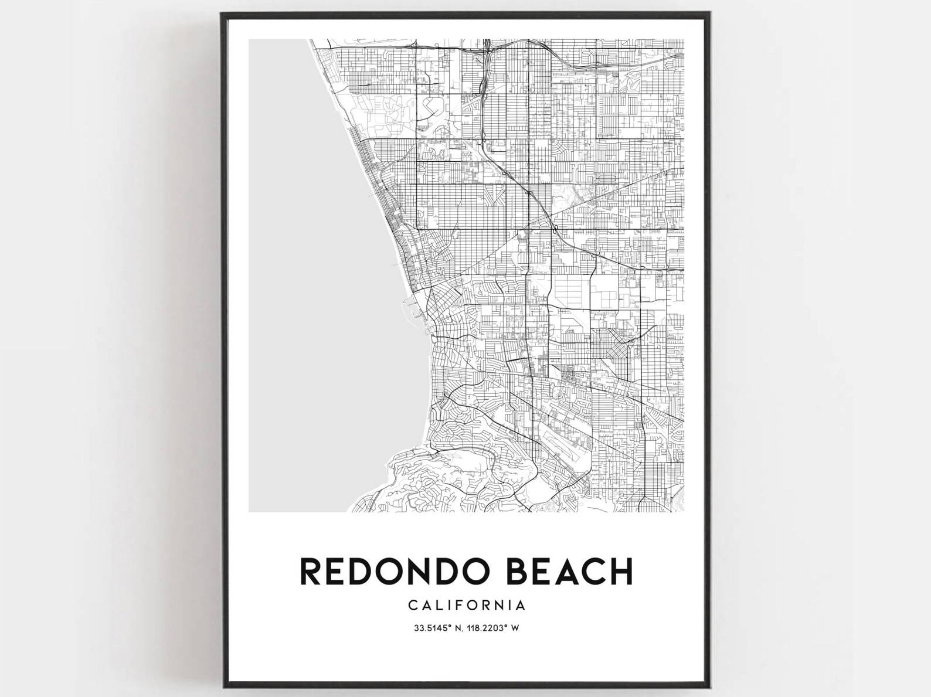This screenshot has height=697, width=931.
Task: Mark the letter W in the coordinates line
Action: tap(515, 628)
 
